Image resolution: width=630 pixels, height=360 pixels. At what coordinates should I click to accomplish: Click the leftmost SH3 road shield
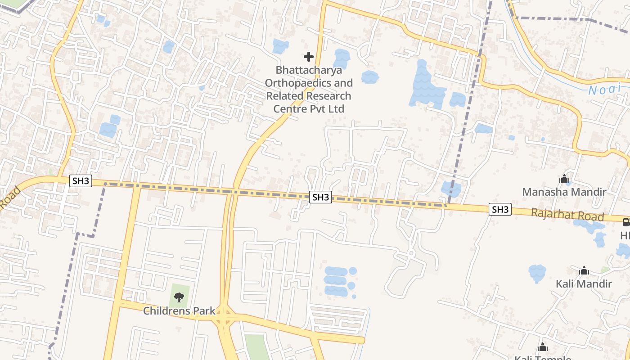(x=81, y=181)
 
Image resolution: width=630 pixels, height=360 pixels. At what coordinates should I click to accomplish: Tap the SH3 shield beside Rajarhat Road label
(x=500, y=209)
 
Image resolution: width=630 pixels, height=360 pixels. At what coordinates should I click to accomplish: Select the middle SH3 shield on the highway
(x=321, y=197)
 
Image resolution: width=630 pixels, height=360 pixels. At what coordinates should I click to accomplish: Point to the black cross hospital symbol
(x=308, y=57)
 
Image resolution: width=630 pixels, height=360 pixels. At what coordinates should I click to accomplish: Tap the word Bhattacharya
(x=309, y=70)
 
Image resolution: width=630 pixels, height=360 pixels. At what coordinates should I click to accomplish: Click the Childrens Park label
(x=179, y=310)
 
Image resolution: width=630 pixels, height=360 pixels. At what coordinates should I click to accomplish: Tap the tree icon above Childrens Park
(x=179, y=297)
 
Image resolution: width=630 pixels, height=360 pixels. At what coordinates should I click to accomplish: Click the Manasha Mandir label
(x=564, y=192)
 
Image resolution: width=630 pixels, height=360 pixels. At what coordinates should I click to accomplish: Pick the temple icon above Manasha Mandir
(x=564, y=179)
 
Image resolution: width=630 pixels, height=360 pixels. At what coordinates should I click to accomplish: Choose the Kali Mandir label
(x=584, y=284)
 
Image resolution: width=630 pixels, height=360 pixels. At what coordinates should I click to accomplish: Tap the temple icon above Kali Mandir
(x=584, y=270)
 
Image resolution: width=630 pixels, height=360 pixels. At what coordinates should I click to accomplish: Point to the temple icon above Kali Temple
(x=543, y=347)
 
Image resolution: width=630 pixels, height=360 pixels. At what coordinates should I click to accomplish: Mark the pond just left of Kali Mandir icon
(x=537, y=272)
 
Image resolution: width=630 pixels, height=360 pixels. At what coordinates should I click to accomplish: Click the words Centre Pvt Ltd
(x=309, y=109)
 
